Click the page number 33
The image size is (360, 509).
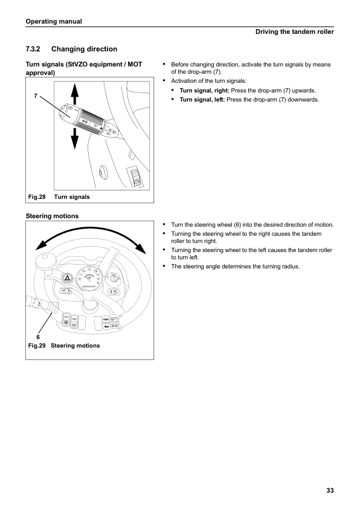[330, 490]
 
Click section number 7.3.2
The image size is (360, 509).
[33, 49]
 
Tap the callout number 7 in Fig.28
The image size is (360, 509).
[36, 96]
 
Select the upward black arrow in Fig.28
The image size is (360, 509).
[74, 94]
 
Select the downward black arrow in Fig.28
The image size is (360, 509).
[74, 138]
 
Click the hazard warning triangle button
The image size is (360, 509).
[67, 278]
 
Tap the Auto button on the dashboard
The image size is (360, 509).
[106, 319]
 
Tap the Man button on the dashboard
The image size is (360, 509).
[107, 326]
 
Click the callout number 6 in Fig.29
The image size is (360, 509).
[38, 337]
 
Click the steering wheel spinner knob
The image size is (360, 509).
[44, 261]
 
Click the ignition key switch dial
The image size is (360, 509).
[114, 278]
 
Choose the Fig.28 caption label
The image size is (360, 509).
[37, 196]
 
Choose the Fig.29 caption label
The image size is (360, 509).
[37, 345]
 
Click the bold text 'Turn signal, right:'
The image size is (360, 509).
[204, 91]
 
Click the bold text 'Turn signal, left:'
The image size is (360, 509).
[202, 100]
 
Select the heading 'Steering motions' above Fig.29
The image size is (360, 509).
[52, 216]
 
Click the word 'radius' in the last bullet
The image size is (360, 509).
[290, 267]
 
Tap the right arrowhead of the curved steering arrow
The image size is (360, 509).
[141, 248]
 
